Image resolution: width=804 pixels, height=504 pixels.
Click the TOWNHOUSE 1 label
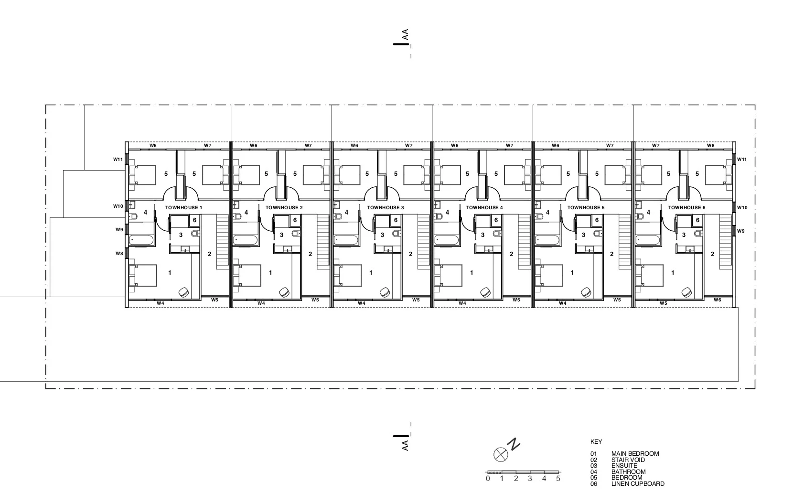pos(184,208)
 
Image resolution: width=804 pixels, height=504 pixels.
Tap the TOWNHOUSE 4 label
pos(484,208)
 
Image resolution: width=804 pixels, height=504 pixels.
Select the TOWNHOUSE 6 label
pos(686,208)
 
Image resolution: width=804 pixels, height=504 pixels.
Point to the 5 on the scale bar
pos(558,478)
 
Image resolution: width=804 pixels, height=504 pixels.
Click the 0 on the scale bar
pos(488,478)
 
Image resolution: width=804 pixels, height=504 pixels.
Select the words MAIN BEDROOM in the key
pos(635,454)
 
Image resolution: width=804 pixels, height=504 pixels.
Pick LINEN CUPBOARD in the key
pos(638,483)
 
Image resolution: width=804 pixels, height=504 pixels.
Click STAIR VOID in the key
pos(628,460)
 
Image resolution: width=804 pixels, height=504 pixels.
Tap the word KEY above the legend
pos(596,442)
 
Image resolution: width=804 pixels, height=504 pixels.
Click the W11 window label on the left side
pos(118,160)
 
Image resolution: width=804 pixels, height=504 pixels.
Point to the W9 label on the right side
pos(740,231)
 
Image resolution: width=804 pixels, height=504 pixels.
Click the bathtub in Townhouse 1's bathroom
pos(142,240)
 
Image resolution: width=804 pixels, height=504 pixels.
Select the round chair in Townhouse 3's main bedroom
pos(385,292)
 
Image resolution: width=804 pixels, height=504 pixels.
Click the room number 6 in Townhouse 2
pos(295,220)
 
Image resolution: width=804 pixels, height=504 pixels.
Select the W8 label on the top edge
pos(711,145)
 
